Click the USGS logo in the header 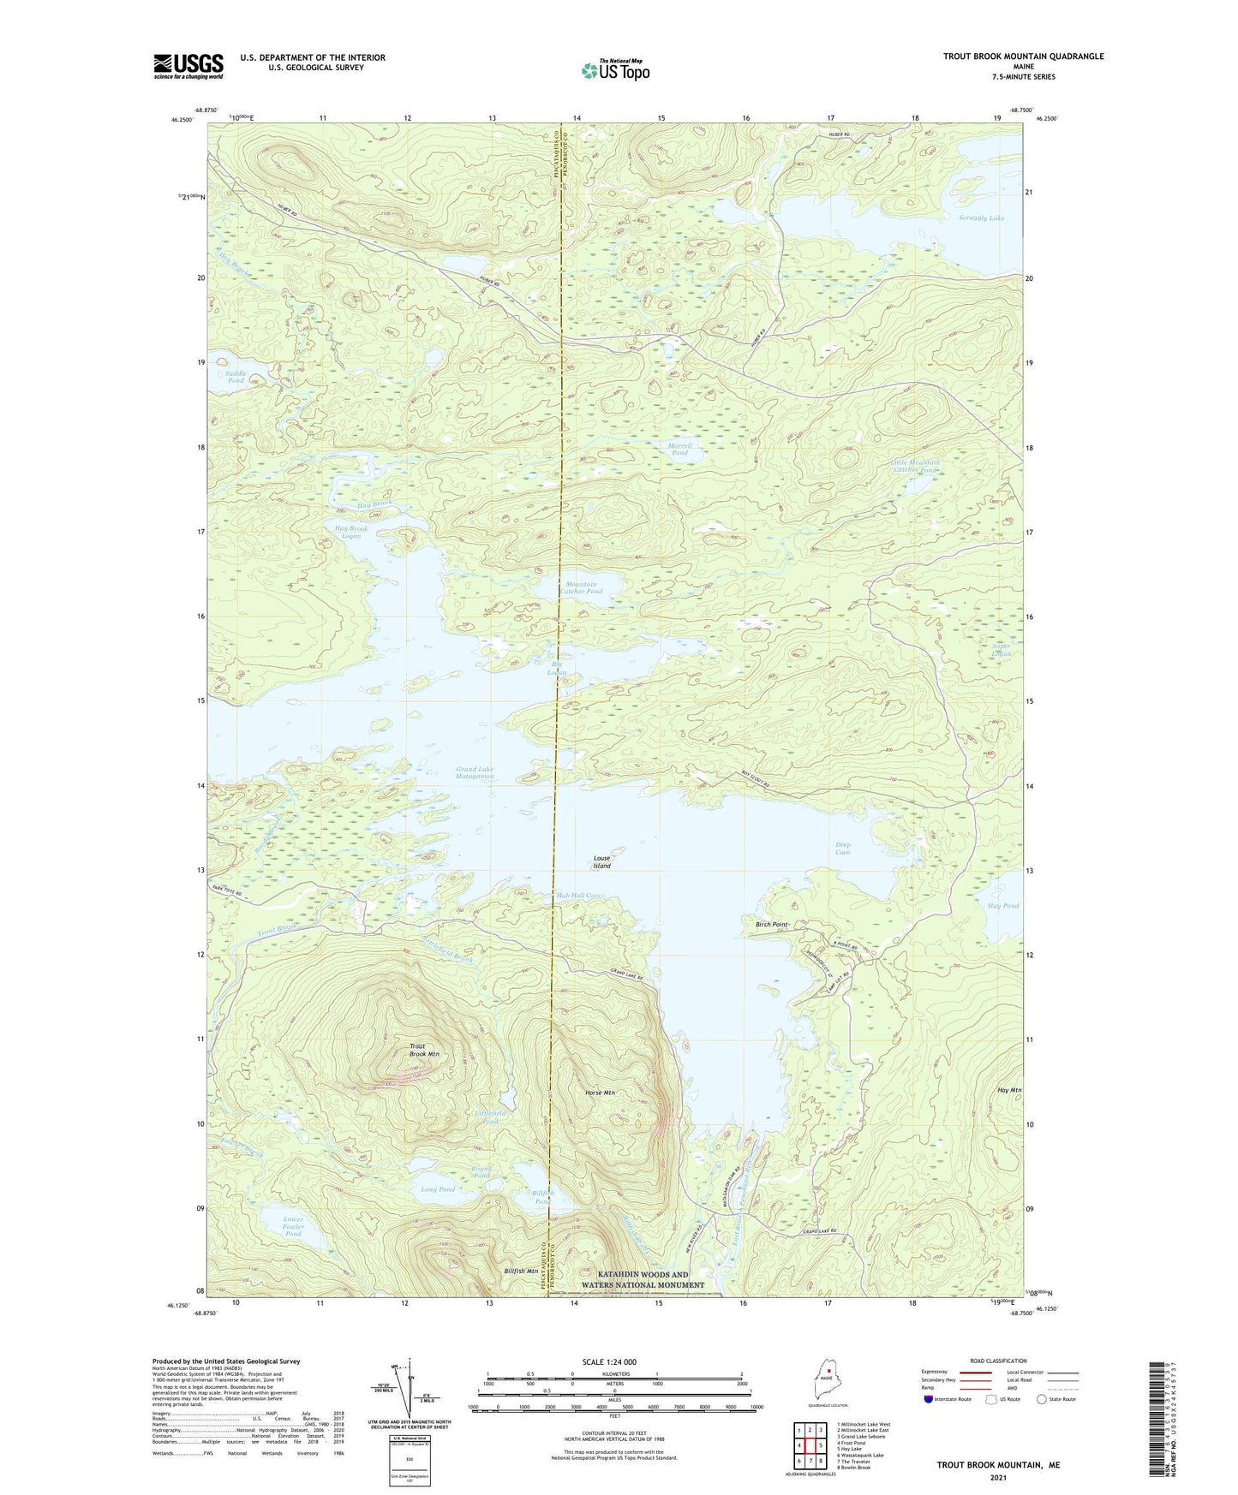188,66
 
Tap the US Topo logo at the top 615,70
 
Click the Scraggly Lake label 981,218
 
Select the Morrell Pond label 679,450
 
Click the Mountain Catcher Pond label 582,587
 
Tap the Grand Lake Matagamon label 475,773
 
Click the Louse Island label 602,861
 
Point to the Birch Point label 771,925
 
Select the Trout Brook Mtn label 424,1050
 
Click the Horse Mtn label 599,1093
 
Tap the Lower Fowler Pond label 294,1226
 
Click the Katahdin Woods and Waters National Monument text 643,1279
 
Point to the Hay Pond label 1003,906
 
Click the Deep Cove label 843,849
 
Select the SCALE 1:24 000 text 609,1362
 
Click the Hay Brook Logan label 351,533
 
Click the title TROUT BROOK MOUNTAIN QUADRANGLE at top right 1023,57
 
